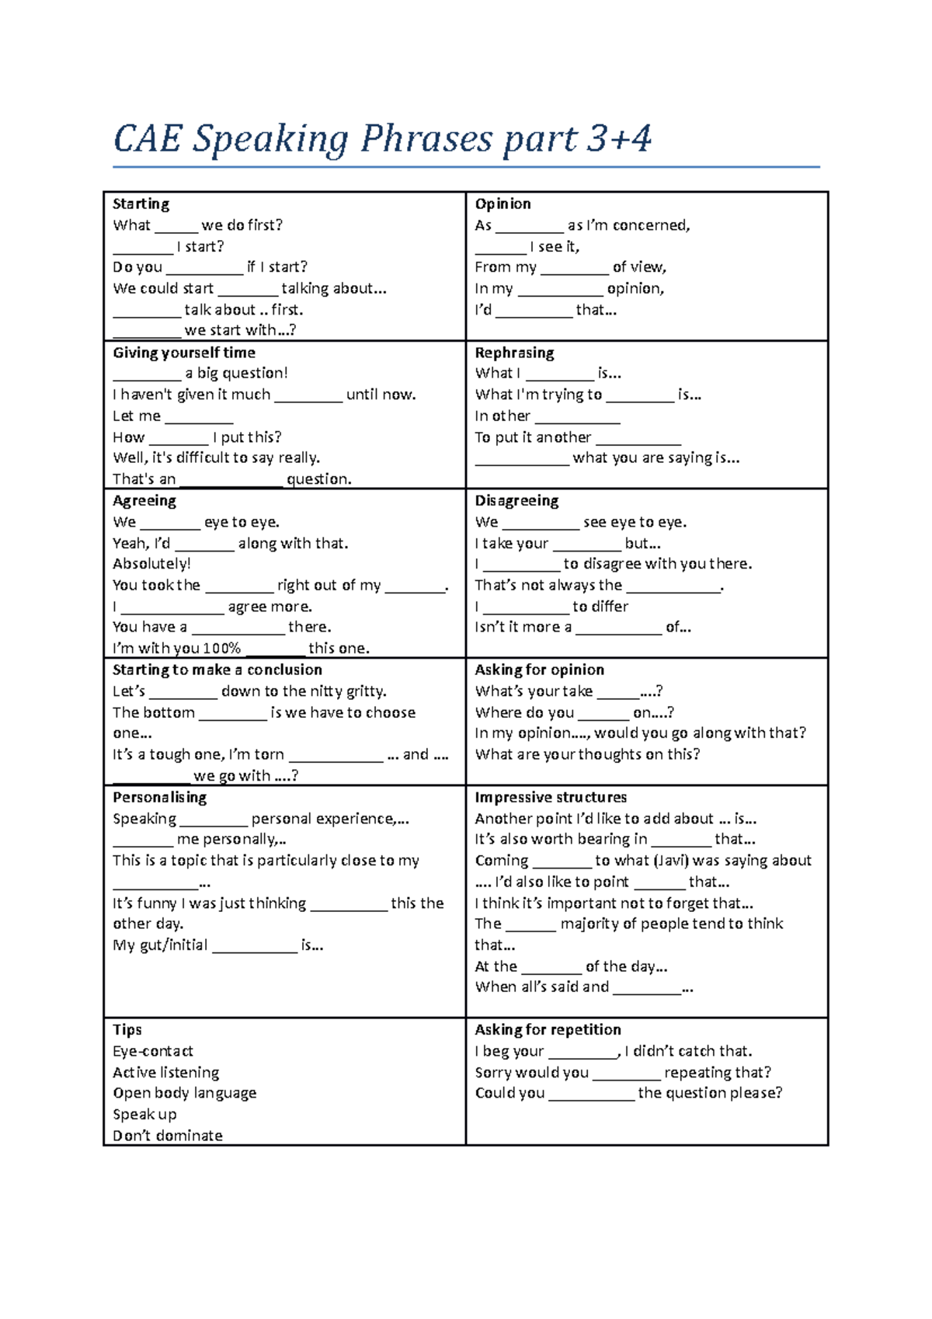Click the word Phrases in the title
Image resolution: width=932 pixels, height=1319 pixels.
[x=426, y=140]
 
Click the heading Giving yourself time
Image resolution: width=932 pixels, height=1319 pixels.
[x=184, y=353]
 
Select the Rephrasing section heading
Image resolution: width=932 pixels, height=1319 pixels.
[x=514, y=353]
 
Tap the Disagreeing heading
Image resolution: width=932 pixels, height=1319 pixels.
[x=516, y=501]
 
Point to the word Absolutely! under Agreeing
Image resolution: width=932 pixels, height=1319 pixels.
[x=151, y=564]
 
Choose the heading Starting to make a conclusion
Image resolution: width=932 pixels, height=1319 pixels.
[x=217, y=670]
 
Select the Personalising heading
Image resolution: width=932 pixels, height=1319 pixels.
[x=159, y=798]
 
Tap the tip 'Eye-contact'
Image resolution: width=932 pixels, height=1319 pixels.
[x=152, y=1051]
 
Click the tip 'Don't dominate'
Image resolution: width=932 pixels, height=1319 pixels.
[x=167, y=1136]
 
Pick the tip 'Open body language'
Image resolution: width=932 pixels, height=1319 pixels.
[x=184, y=1093]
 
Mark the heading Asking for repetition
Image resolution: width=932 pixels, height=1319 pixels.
[x=548, y=1030]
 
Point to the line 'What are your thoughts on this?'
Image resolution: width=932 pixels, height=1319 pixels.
[x=587, y=754]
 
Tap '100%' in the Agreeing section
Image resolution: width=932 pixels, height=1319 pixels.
[x=221, y=649]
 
